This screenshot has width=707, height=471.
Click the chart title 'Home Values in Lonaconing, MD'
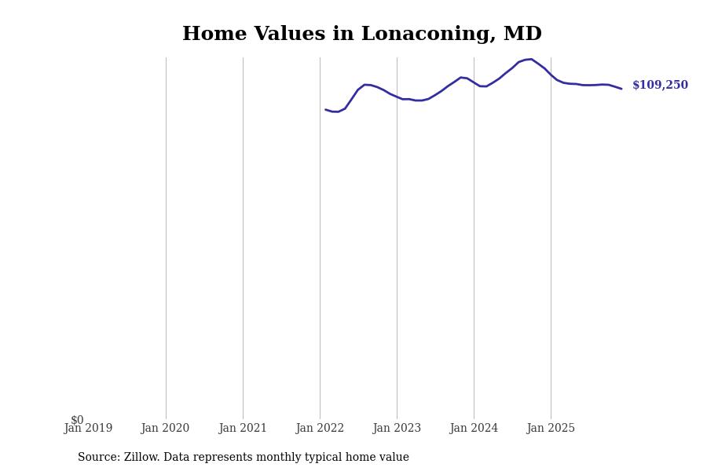pos(362,35)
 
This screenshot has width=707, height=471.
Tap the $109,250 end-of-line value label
pos(660,86)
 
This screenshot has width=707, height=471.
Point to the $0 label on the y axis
pos(77,420)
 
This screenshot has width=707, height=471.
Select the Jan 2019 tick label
pos(88,429)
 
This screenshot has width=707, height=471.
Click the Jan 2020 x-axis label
pos(165,429)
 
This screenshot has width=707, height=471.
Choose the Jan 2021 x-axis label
pos(243,429)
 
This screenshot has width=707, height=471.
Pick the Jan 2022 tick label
pos(320,429)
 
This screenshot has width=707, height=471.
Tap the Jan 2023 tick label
pos(397,429)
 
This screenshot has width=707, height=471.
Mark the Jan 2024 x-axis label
pos(474,429)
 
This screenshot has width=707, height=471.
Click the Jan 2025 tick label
pos(551,429)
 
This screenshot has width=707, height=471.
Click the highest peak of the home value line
pos(531,59)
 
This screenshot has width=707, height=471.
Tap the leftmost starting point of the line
pos(326,110)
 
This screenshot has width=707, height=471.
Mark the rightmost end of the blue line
pos(621,89)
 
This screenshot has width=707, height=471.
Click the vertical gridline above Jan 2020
pos(166,235)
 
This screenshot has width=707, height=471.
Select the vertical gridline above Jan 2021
pos(243,235)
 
